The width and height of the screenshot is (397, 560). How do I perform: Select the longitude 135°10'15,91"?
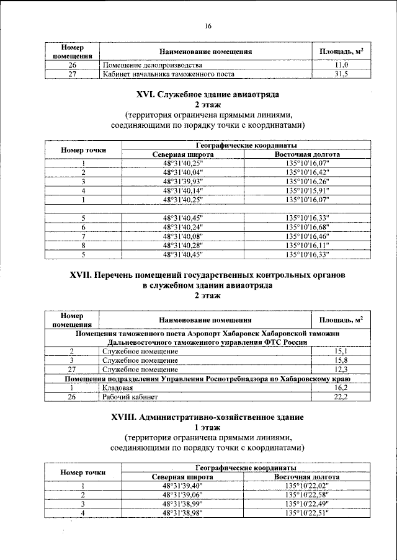[307, 191]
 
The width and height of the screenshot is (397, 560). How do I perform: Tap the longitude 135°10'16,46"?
[307, 236]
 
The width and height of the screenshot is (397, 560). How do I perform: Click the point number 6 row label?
[83, 227]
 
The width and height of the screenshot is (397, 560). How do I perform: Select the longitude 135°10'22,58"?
[307, 495]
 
